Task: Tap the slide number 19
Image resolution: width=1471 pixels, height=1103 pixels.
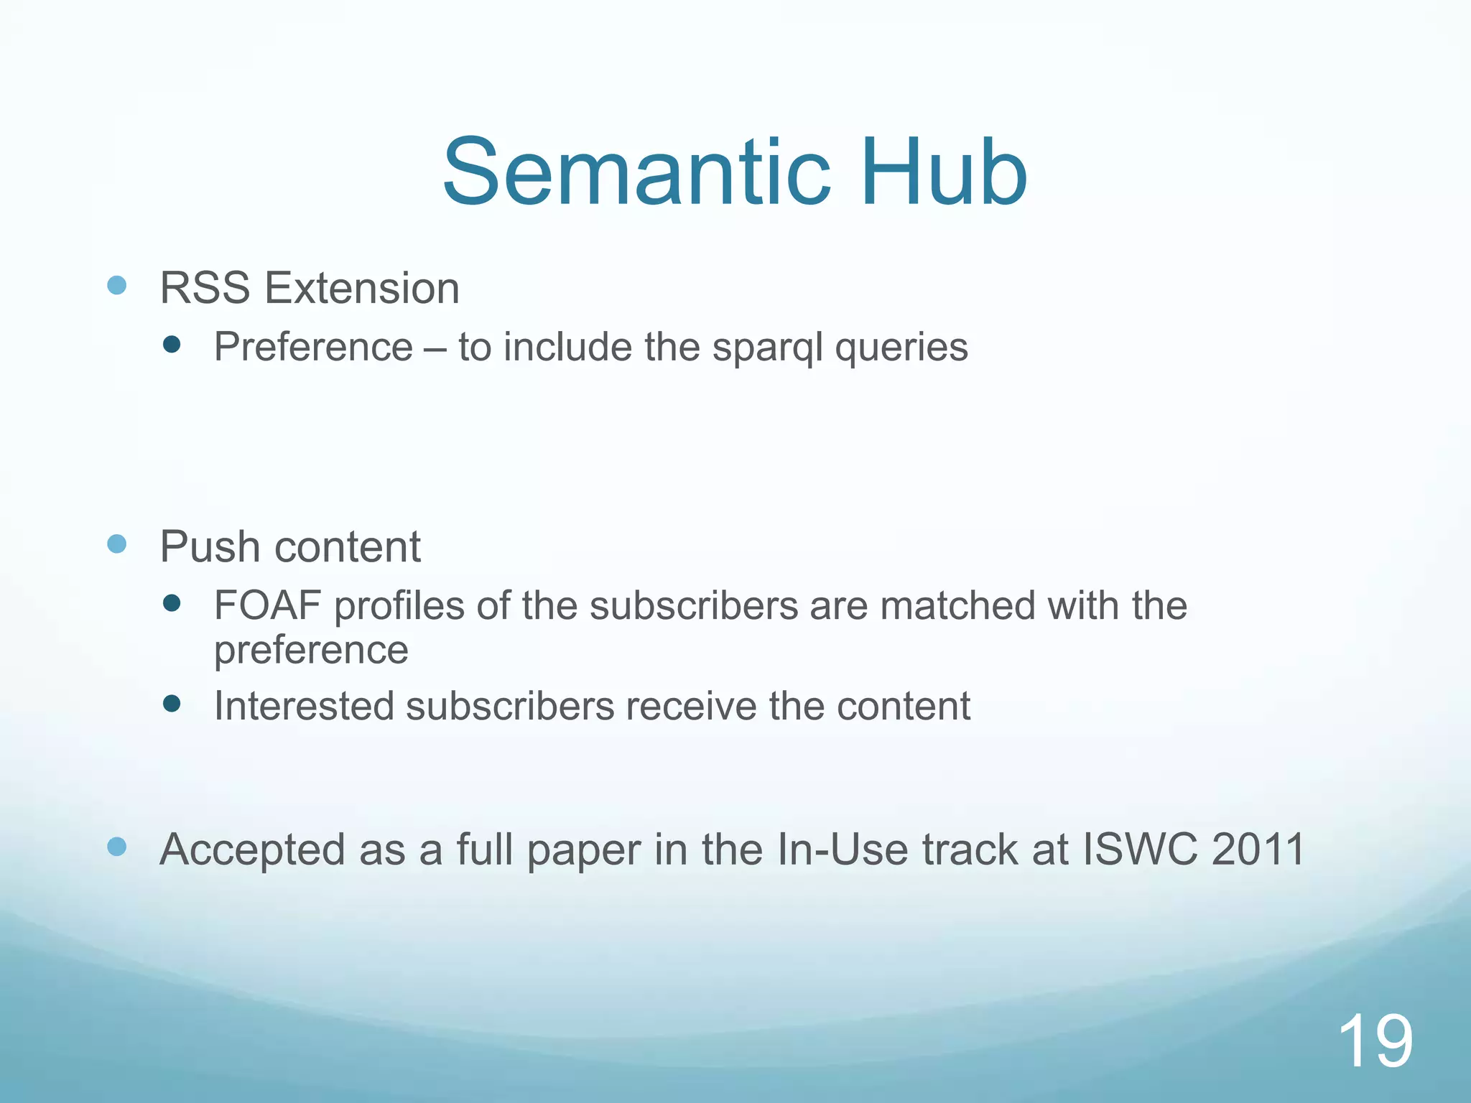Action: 1375,1041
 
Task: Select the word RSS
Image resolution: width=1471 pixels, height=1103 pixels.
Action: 205,289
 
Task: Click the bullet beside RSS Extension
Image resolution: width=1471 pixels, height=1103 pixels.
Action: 117,286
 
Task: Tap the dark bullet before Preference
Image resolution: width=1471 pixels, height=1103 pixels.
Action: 172,345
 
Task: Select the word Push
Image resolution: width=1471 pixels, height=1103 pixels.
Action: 209,547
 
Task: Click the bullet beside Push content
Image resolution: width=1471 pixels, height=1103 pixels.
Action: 117,544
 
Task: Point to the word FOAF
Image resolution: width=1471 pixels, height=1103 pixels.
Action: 267,605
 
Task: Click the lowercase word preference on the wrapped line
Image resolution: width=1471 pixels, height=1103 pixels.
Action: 311,651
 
